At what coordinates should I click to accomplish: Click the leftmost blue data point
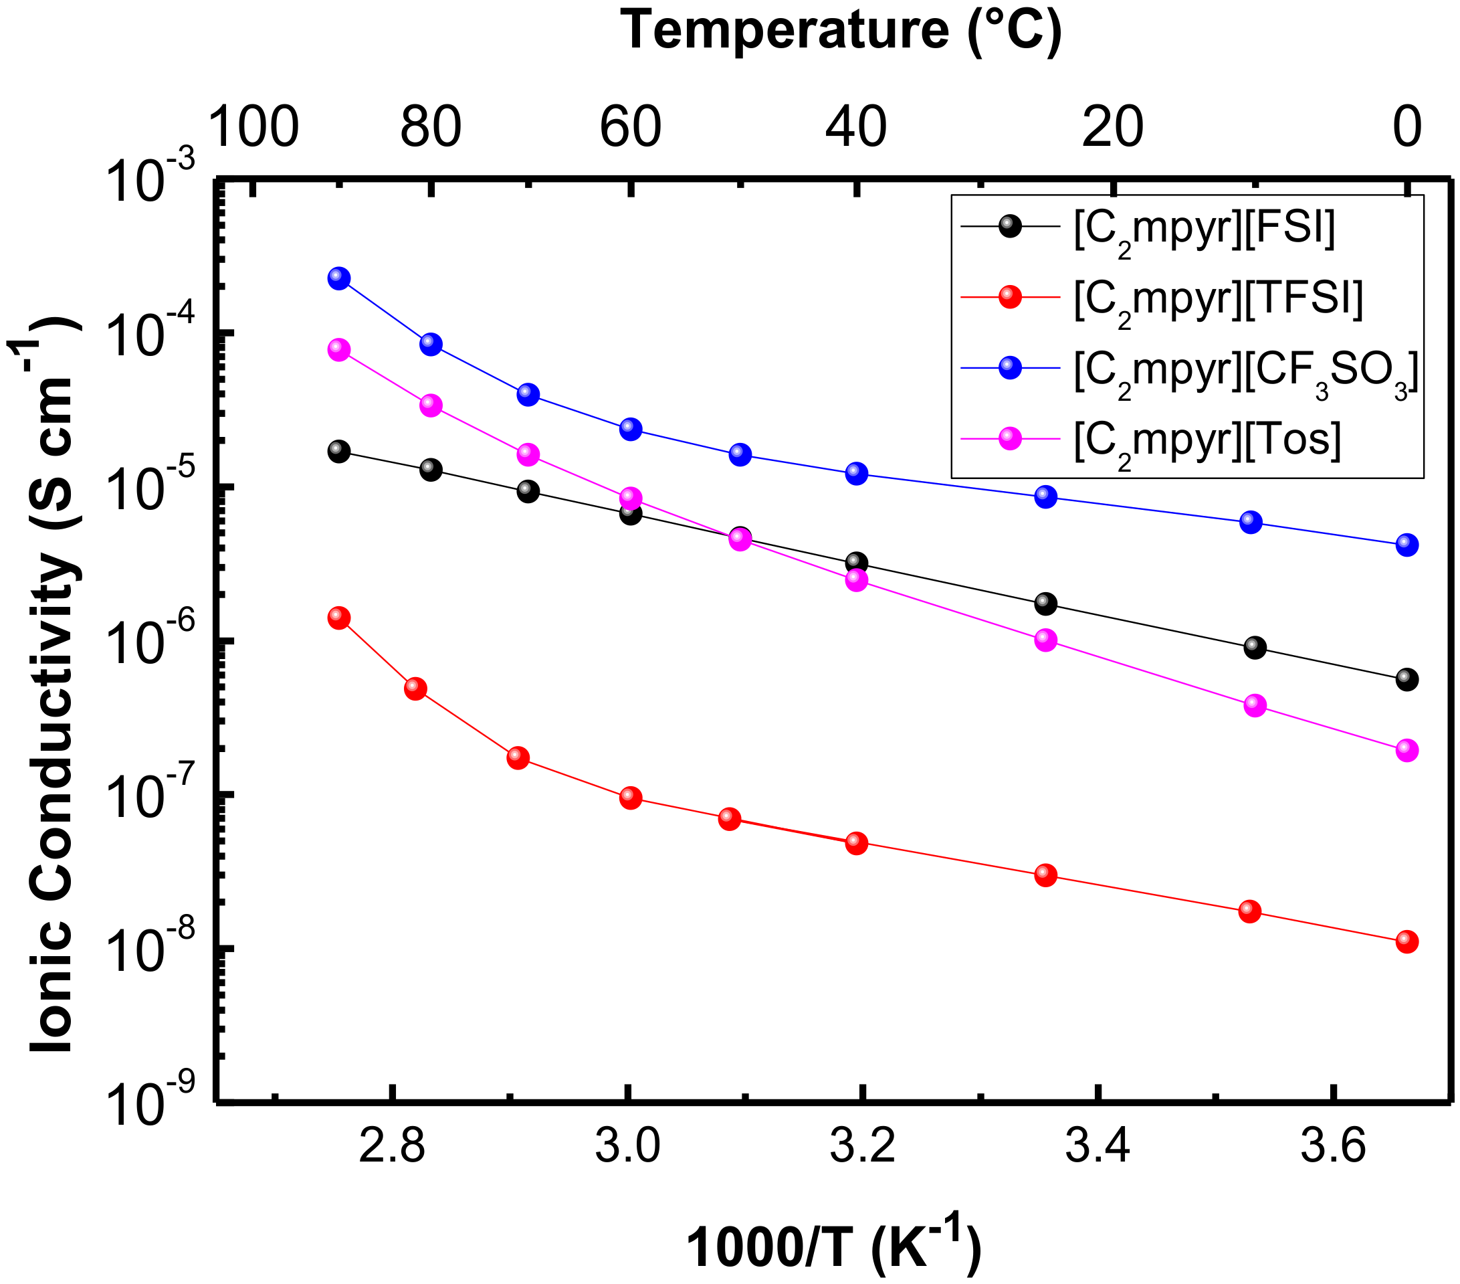coord(339,278)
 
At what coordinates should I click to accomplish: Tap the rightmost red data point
coord(1406,941)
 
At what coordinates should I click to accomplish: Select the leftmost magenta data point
coord(339,350)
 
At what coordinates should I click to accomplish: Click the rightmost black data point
coord(1406,680)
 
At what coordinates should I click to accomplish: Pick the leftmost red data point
coord(339,618)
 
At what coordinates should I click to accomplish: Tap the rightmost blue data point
coord(1406,545)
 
